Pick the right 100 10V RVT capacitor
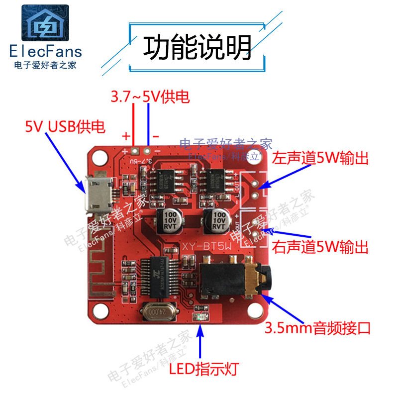click(217, 220)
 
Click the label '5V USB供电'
click(65, 127)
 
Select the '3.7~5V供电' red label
click(150, 97)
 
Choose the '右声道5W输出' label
click(321, 246)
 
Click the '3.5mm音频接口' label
click(317, 328)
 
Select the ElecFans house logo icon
click(45, 23)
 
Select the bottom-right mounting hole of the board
click(257, 312)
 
